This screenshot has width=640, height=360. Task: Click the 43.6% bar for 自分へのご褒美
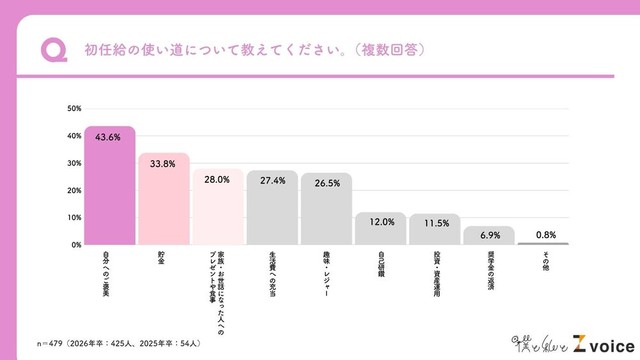tap(109, 190)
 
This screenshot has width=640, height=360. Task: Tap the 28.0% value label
tap(217, 180)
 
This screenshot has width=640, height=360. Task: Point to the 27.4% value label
tap(272, 181)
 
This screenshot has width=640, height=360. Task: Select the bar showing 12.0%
tap(380, 230)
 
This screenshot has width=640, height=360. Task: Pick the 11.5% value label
tap(434, 222)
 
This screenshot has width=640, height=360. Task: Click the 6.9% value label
tap(489, 234)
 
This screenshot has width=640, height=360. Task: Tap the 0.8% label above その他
tap(543, 234)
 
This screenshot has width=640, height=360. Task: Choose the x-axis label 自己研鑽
tap(380, 264)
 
